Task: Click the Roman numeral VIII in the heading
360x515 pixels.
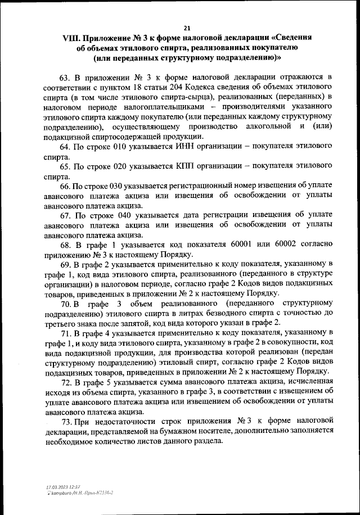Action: (71, 38)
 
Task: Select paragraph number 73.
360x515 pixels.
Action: (65, 421)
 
